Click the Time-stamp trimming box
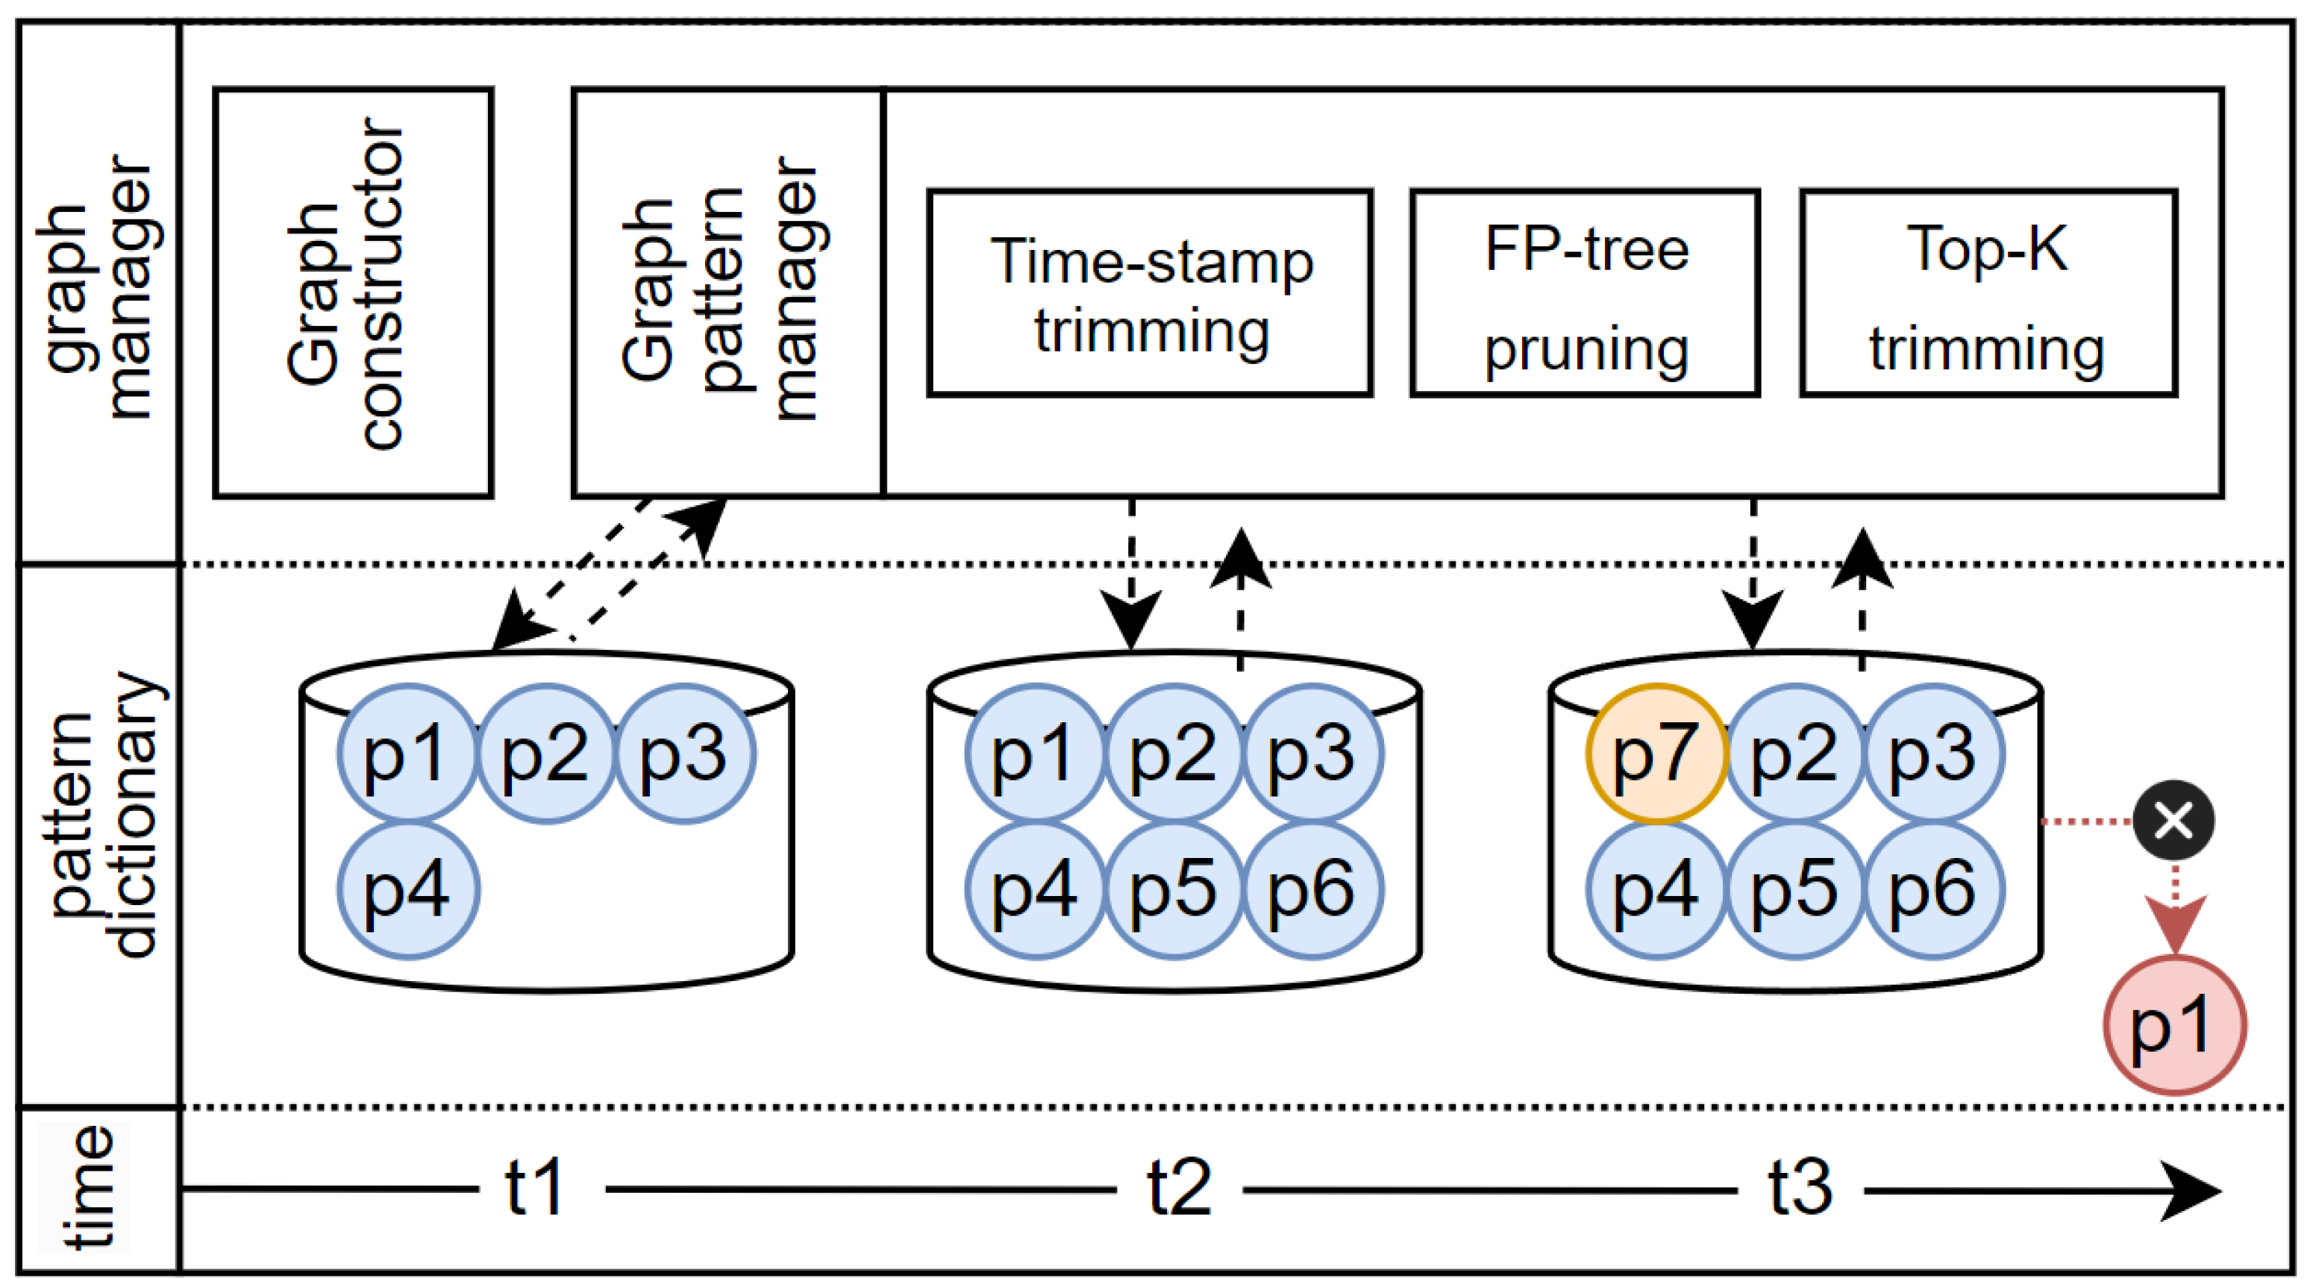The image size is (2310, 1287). [1150, 292]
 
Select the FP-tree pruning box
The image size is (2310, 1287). [1585, 292]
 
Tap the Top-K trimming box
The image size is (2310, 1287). [1988, 292]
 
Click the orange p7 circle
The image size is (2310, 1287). [1656, 754]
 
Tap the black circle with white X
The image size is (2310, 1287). [2173, 820]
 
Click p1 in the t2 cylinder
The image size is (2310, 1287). [1036, 754]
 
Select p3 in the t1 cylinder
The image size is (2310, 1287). [684, 754]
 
